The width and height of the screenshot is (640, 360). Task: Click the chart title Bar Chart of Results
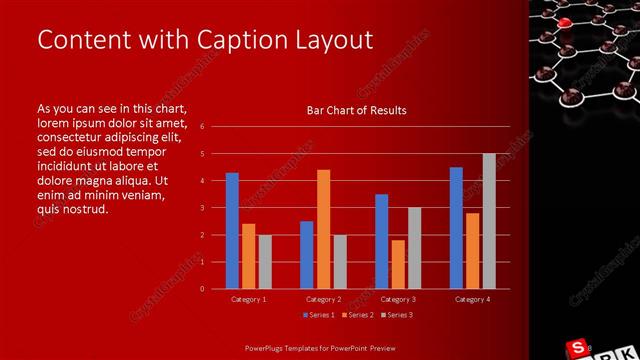[x=356, y=110]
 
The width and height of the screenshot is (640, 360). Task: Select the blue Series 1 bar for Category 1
[x=232, y=230]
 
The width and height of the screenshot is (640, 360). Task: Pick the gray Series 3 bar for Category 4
[x=489, y=221]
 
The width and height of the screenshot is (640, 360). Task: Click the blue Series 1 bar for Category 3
[x=381, y=241]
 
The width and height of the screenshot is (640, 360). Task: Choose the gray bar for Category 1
[x=264, y=261]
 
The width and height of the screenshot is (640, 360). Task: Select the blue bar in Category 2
[x=306, y=254]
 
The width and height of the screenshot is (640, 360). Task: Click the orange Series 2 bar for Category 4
[x=472, y=250]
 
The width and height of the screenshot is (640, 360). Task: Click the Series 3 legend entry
[x=397, y=315]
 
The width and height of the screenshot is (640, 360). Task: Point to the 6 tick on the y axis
[x=202, y=127]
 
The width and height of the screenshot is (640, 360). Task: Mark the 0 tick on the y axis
[x=202, y=289]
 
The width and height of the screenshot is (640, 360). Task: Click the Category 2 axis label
[x=323, y=299]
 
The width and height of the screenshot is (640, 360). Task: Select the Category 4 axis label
[x=472, y=299]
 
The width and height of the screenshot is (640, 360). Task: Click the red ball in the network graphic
[x=566, y=22]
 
